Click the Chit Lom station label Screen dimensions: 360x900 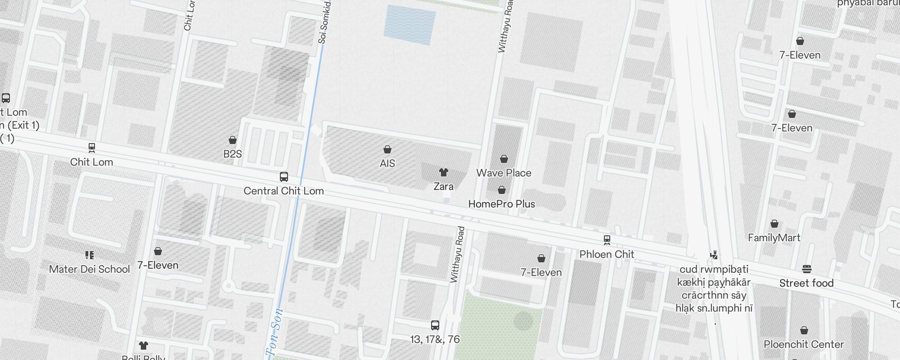pyautogui.click(x=92, y=162)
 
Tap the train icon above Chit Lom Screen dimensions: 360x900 pyautogui.click(x=92, y=147)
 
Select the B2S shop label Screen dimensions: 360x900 pyautogui.click(x=233, y=154)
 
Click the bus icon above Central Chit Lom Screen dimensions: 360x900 pyautogui.click(x=284, y=177)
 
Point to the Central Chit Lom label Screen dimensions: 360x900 pyautogui.click(x=283, y=191)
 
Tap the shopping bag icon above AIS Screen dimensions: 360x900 pyautogui.click(x=387, y=149)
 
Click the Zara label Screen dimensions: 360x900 pyautogui.click(x=443, y=186)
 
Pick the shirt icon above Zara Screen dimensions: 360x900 pyautogui.click(x=444, y=172)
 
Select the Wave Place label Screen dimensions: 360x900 pyautogui.click(x=504, y=173)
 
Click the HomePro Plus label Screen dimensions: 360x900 pyautogui.click(x=502, y=204)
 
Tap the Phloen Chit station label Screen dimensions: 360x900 pyautogui.click(x=607, y=254)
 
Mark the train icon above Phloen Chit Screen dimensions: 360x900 pyautogui.click(x=607, y=240)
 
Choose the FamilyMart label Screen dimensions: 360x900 pyautogui.click(x=774, y=238)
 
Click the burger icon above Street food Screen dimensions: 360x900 pyautogui.click(x=806, y=269)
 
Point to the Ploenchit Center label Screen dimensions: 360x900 pyautogui.click(x=804, y=344)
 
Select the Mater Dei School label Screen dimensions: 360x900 pyautogui.click(x=89, y=269)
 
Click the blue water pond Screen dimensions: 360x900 pyautogui.click(x=409, y=25)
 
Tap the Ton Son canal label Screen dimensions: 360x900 pyautogui.click(x=274, y=333)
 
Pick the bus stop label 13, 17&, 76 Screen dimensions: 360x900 pyautogui.click(x=435, y=339)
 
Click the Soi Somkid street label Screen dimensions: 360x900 pyautogui.click(x=324, y=22)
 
